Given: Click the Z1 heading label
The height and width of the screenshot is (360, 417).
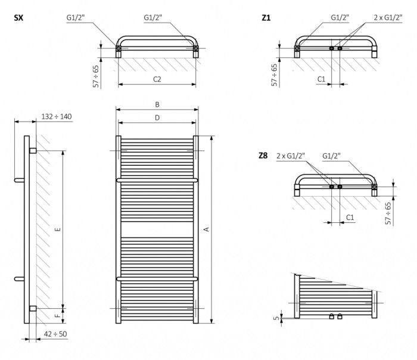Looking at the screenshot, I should click(266, 18).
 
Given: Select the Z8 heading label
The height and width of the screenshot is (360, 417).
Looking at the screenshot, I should click(263, 156).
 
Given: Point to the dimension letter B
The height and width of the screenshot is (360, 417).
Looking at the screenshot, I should click(157, 104).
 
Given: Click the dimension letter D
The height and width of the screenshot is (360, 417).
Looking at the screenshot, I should click(157, 117).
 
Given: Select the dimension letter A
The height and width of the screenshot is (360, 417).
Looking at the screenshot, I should click(207, 229).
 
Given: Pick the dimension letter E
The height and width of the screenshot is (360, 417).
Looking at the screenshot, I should click(57, 228).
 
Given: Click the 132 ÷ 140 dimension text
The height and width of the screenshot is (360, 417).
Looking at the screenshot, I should click(57, 116).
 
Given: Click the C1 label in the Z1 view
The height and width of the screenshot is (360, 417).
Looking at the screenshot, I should click(321, 78).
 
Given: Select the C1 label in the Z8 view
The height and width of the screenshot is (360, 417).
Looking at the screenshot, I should click(350, 218).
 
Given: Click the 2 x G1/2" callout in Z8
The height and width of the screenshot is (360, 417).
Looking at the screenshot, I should click(291, 156).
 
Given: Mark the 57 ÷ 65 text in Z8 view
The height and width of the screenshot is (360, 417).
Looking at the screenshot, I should click(388, 213).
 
